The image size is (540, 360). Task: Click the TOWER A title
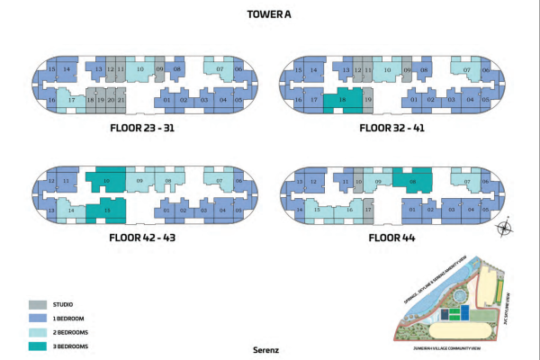point(270,13)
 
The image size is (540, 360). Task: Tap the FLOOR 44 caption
point(393,238)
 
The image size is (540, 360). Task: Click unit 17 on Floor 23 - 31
point(71,100)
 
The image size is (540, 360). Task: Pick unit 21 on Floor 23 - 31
point(121,100)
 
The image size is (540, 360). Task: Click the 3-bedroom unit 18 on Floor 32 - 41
point(342,100)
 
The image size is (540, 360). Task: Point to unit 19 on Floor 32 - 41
point(368,100)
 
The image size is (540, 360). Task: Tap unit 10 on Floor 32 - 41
point(387,69)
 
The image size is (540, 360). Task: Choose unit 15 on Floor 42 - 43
point(107,211)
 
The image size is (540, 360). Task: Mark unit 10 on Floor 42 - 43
point(107,180)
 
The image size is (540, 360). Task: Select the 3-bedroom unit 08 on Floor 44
point(412,180)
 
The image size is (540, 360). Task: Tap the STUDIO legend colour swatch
point(38,304)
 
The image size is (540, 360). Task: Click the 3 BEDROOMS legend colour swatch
point(38,346)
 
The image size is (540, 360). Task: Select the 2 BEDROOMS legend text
point(76,332)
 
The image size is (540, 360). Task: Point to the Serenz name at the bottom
point(270,347)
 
